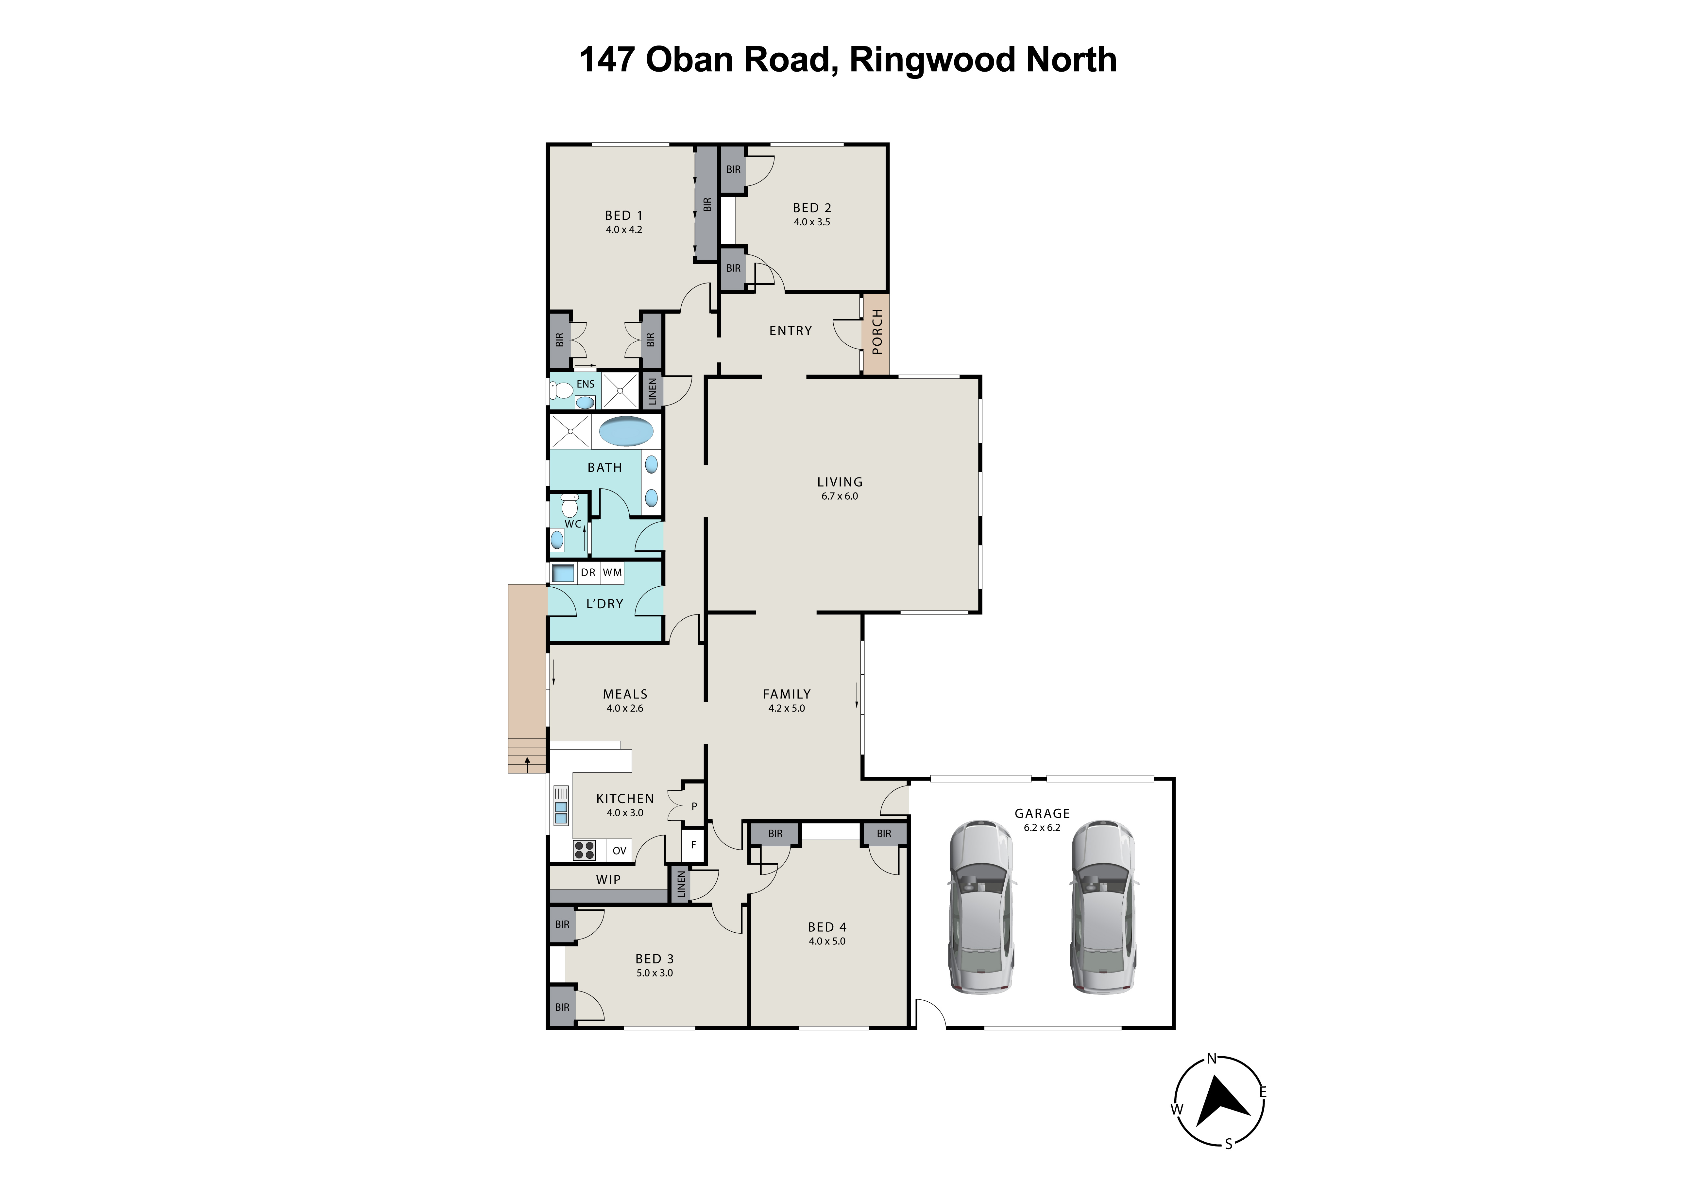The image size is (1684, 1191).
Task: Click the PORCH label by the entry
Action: [876, 332]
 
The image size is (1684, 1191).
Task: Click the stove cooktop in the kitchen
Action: [585, 850]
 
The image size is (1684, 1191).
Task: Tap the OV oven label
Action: [619, 851]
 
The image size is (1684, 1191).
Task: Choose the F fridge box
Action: [693, 845]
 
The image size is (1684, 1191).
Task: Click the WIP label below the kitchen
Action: [608, 879]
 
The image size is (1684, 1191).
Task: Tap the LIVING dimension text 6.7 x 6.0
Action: [840, 496]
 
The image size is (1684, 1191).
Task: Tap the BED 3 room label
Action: [654, 958]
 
